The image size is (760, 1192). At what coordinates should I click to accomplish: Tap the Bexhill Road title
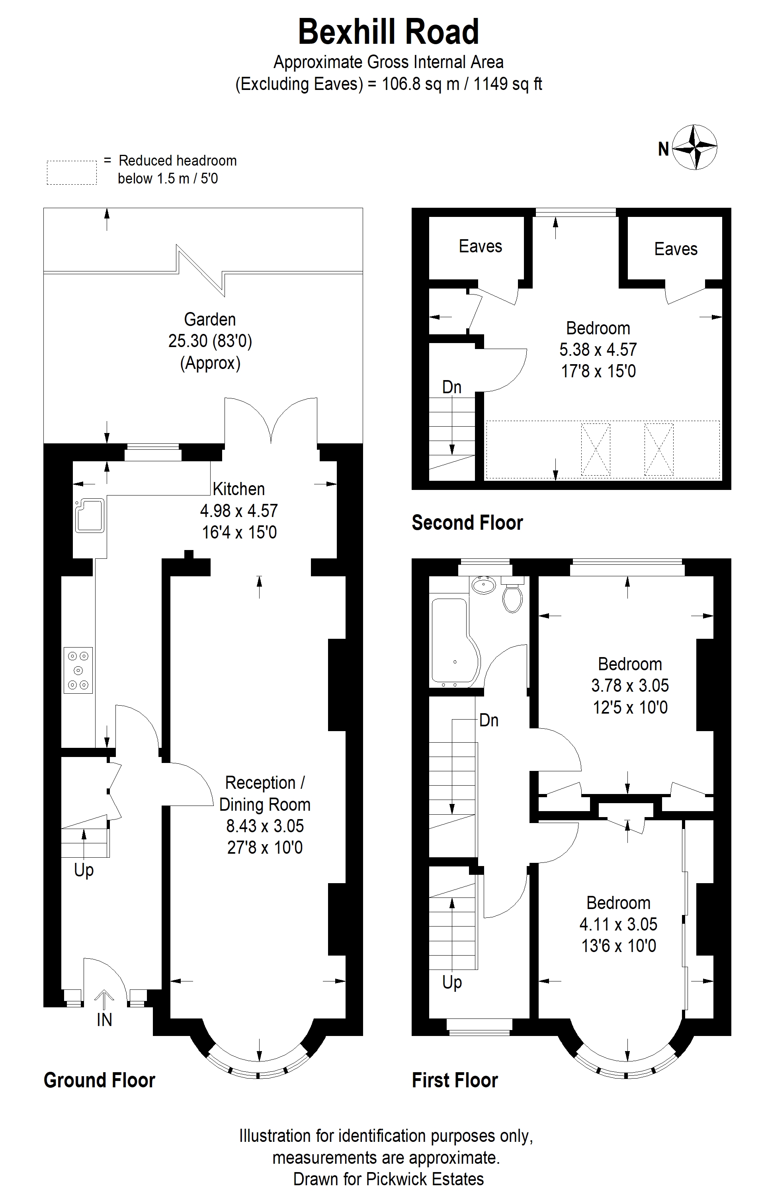coord(388,32)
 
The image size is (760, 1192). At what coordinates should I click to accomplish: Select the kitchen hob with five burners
coord(78,670)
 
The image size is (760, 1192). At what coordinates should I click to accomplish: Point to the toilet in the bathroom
coord(512,595)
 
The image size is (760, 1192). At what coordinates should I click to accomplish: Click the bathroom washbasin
coord(484,585)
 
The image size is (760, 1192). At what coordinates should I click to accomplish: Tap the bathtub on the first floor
coord(455,642)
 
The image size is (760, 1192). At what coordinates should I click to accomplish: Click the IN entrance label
coord(104,1020)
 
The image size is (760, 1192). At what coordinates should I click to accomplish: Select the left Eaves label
coord(480,246)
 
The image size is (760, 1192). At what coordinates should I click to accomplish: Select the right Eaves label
coord(676,249)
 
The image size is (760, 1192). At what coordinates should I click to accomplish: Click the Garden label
coord(210,319)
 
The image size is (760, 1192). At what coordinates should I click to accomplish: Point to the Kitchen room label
coord(238,489)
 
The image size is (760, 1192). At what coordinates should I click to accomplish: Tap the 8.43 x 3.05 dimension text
coord(265,826)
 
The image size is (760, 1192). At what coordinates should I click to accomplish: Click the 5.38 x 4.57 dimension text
coord(598,349)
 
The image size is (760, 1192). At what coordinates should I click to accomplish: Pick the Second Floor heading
coord(467,523)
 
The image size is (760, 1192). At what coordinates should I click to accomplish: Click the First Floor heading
coord(455,1080)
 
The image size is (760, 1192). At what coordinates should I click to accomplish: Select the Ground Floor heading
coord(100,1080)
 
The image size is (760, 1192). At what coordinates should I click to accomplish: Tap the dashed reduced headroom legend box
coord(72,173)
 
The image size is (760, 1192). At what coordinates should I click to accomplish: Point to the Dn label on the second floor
coord(451,387)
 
